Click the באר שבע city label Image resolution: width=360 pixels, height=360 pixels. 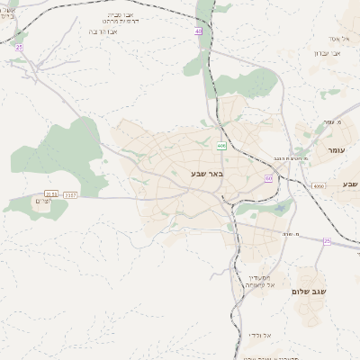(x=206, y=173)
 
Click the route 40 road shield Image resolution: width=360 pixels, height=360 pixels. (x=198, y=31)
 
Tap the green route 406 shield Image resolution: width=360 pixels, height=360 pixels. (x=220, y=144)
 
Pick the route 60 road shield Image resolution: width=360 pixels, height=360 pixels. (x=268, y=178)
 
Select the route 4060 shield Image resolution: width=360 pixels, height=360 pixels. (x=319, y=186)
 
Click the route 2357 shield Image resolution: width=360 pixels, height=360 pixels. (x=72, y=193)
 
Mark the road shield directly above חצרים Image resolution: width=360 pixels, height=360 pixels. (x=51, y=193)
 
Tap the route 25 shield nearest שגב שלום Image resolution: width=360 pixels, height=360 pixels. (x=327, y=241)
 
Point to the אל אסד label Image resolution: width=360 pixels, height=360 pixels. (x=338, y=38)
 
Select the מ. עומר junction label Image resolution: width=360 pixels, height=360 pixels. (x=330, y=121)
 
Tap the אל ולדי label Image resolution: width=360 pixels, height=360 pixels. (x=262, y=335)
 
